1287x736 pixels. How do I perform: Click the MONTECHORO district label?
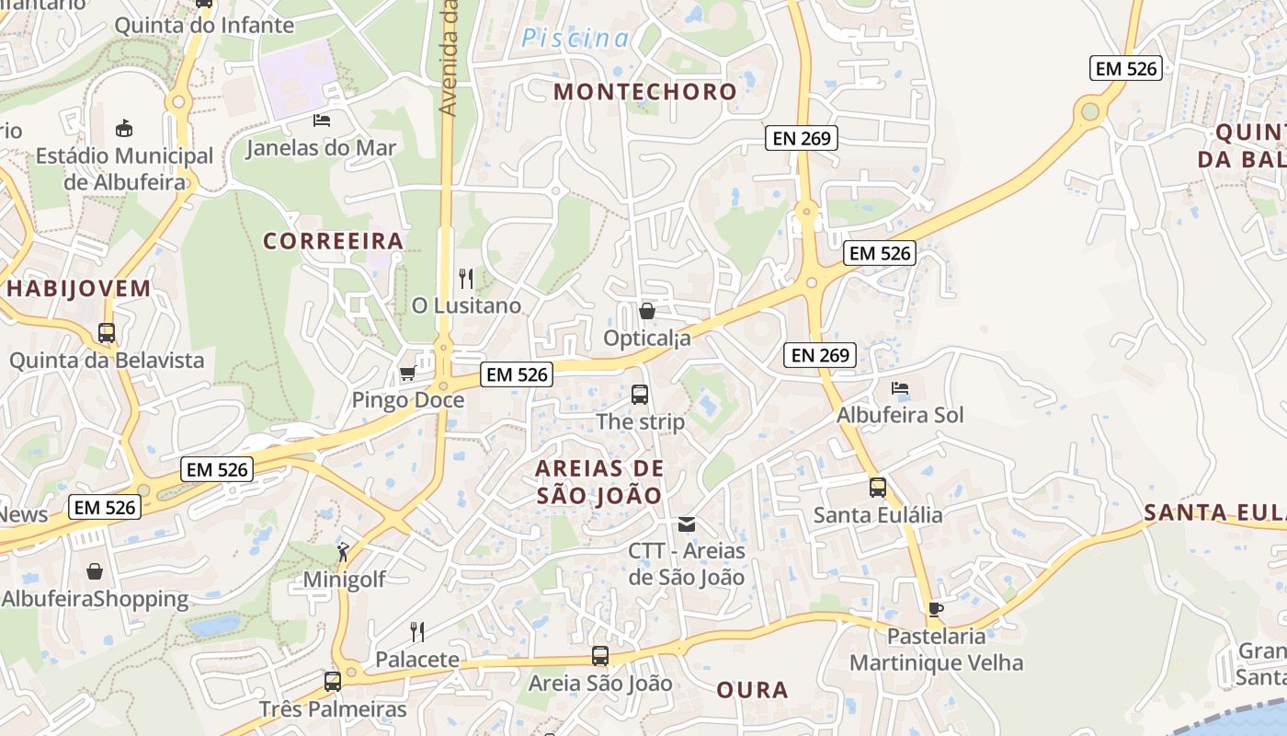tap(645, 92)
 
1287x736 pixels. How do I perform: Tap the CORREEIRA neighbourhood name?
tap(333, 241)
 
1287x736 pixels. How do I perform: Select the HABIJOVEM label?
tap(78, 289)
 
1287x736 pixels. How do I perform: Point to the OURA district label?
tap(752, 690)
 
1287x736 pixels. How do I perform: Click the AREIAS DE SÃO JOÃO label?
tap(599, 482)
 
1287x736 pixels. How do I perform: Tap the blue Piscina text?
tap(575, 39)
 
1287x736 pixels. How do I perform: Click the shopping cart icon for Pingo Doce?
tap(407, 373)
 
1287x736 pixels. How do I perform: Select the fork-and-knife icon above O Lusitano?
tap(466, 277)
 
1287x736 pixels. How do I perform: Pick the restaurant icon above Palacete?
tap(416, 631)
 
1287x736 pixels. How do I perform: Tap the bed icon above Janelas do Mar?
tap(321, 120)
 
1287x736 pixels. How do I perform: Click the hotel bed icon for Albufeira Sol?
tap(900, 388)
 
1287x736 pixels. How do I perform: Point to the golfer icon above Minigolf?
tap(343, 552)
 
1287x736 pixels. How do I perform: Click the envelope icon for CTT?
tap(686, 524)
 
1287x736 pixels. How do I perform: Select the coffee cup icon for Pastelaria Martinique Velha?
tap(935, 609)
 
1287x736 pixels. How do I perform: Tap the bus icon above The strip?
tap(640, 395)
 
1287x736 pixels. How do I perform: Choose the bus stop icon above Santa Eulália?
tap(878, 488)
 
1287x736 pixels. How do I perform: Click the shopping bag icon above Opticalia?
tap(647, 311)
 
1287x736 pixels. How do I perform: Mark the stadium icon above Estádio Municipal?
tap(124, 128)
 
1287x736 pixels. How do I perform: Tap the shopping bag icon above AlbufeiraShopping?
tap(95, 571)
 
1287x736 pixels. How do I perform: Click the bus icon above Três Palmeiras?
tap(333, 682)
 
